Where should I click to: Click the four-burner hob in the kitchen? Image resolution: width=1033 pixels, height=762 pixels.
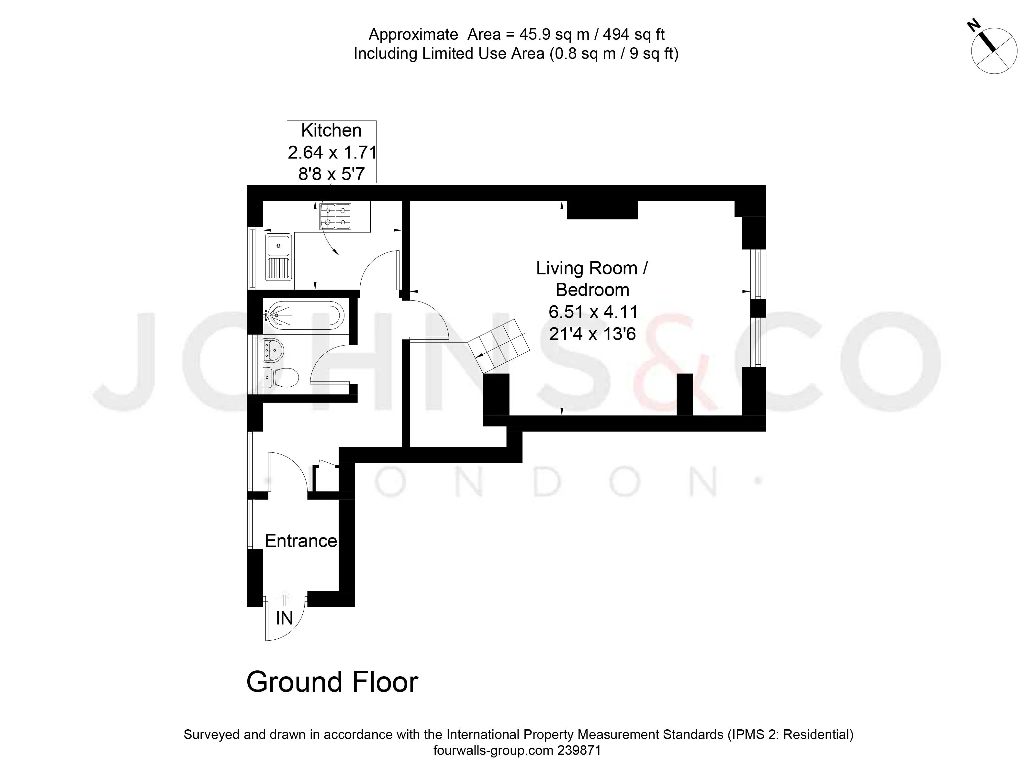[335, 216]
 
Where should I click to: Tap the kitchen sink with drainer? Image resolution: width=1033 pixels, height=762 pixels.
[278, 257]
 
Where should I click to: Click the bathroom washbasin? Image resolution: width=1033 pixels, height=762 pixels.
[273, 351]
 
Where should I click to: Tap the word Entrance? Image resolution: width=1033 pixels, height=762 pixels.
[301, 541]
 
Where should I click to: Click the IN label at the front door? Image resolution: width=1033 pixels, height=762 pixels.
[284, 618]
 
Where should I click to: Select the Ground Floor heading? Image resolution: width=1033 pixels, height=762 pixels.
[332, 682]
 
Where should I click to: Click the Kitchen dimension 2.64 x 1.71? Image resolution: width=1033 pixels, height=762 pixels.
[332, 152]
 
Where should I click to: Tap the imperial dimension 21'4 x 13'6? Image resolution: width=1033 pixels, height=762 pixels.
[592, 334]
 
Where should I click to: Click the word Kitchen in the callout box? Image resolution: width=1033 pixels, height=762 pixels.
[331, 130]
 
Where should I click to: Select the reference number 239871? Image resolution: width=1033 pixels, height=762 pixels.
[579, 750]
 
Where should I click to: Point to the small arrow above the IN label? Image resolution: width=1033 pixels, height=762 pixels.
[284, 599]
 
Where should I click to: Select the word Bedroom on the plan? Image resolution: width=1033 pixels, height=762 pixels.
[592, 290]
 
